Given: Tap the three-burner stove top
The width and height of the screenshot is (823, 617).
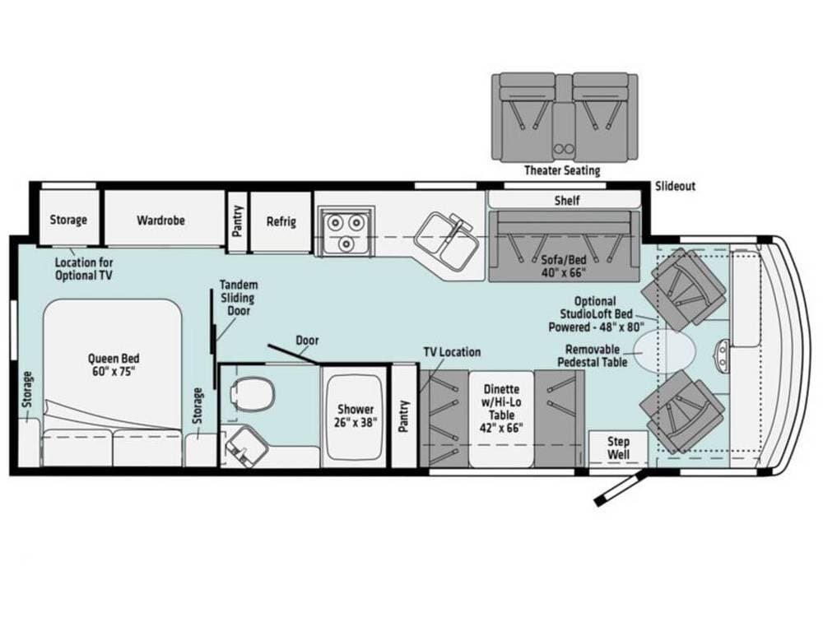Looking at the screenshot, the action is [x=346, y=231].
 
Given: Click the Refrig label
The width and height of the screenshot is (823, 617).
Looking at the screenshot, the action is [x=281, y=221].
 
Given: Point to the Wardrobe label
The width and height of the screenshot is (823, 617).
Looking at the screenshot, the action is [x=161, y=220].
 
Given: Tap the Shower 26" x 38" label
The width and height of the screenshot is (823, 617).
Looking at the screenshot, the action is [x=356, y=415].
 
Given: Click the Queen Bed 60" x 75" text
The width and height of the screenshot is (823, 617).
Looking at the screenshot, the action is [x=114, y=364].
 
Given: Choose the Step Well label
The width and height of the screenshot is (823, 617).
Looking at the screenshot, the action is [x=618, y=448].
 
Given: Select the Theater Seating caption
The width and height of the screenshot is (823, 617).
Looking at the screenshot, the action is [x=562, y=170].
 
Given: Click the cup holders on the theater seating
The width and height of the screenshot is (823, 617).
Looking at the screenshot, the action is [x=563, y=148].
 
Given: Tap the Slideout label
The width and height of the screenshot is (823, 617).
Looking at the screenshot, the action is [x=675, y=186].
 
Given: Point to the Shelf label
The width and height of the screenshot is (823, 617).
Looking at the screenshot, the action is [x=567, y=201].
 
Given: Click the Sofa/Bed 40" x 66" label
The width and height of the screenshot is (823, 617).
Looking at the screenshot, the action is [x=564, y=266].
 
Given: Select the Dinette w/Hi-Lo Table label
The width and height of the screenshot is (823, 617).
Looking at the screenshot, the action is [x=501, y=408].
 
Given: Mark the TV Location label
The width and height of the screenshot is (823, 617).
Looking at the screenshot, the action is [x=452, y=352].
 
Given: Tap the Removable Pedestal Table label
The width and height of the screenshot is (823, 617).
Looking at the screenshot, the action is [x=592, y=355].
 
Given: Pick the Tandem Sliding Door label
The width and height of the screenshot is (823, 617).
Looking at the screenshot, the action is [x=239, y=298].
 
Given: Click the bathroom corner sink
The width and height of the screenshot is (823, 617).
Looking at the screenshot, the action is [x=243, y=446].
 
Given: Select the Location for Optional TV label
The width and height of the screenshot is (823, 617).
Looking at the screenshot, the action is [x=84, y=269].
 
